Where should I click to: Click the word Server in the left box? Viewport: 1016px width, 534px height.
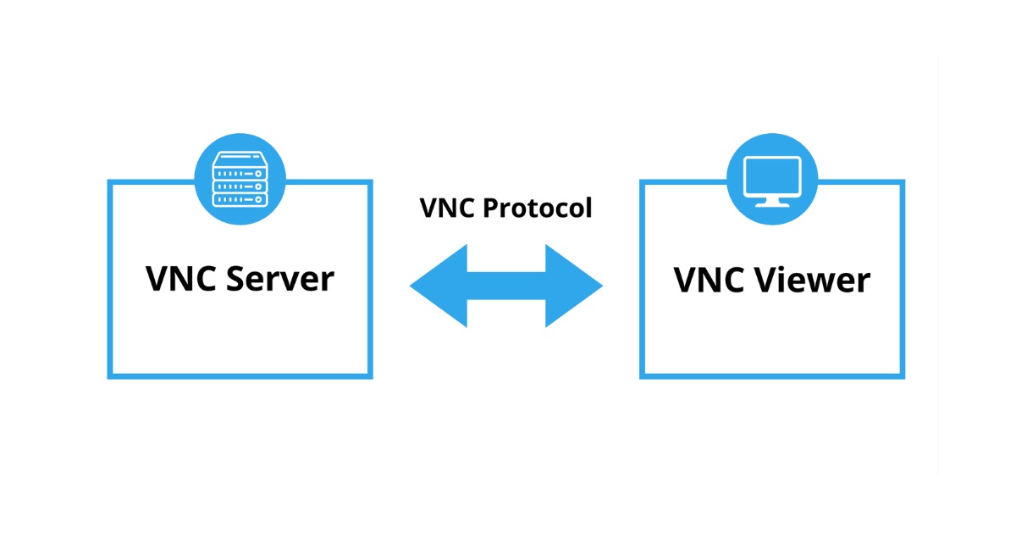[279, 278]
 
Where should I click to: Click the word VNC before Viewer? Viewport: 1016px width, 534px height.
[710, 280]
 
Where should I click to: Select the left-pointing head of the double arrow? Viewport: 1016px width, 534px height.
[440, 286]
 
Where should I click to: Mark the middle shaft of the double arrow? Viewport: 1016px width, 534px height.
[506, 286]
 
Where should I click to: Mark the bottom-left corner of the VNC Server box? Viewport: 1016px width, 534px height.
[110, 375]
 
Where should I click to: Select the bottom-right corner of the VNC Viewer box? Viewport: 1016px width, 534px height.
[903, 375]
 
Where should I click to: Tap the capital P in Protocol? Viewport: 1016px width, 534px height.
[493, 208]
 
